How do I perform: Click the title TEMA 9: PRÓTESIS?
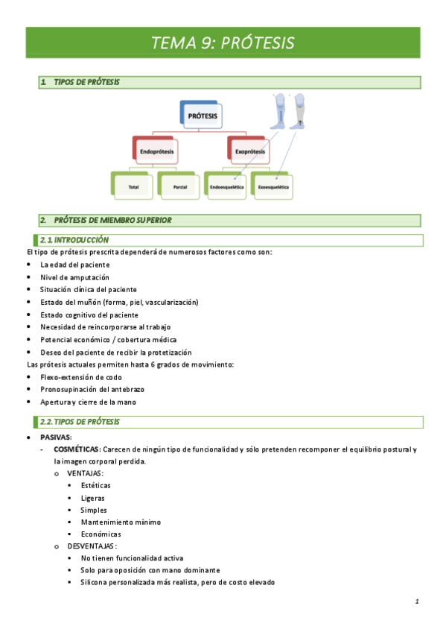tap(223, 42)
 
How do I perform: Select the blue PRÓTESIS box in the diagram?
tap(203, 116)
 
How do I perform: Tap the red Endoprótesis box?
tap(157, 151)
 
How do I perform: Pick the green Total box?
tap(134, 186)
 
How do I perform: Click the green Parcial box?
tap(179, 186)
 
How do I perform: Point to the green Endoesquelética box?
tap(226, 186)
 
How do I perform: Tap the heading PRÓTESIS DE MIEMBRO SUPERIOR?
tap(112, 220)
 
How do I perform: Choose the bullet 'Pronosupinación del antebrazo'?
tap(92, 390)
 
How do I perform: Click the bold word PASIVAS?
tap(56, 437)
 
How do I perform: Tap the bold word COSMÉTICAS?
tap(77, 449)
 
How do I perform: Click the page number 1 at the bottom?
tap(418, 601)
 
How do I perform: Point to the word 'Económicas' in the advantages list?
tap(101, 534)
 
